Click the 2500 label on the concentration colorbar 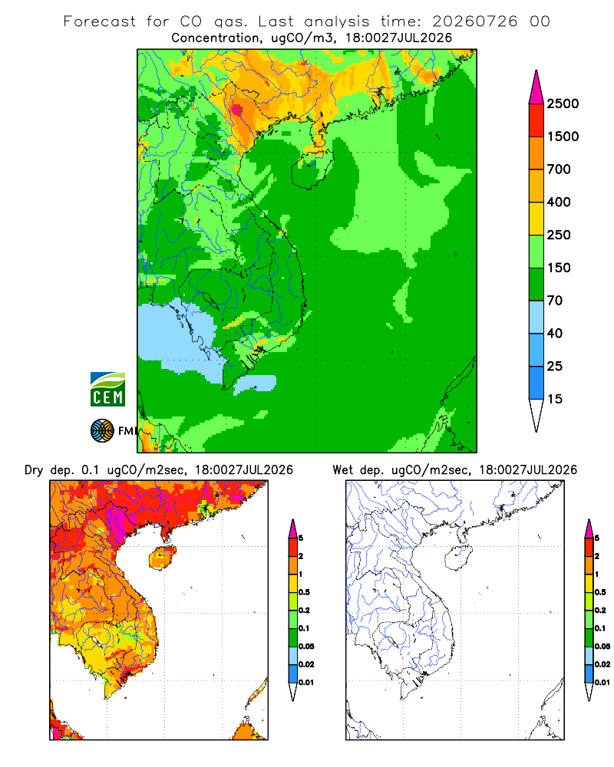563,104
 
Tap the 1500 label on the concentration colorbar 563,137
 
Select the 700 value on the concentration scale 559,170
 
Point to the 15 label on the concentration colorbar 555,399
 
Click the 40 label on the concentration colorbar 555,334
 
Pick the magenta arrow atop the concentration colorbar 536,87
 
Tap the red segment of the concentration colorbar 536,120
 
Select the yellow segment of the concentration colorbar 536,219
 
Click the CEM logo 107,390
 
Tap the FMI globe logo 102,431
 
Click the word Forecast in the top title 100,21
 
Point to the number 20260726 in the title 474,21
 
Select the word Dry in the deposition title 35,470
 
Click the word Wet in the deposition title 342,470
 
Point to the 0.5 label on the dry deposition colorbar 304,592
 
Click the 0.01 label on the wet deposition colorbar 602,683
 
